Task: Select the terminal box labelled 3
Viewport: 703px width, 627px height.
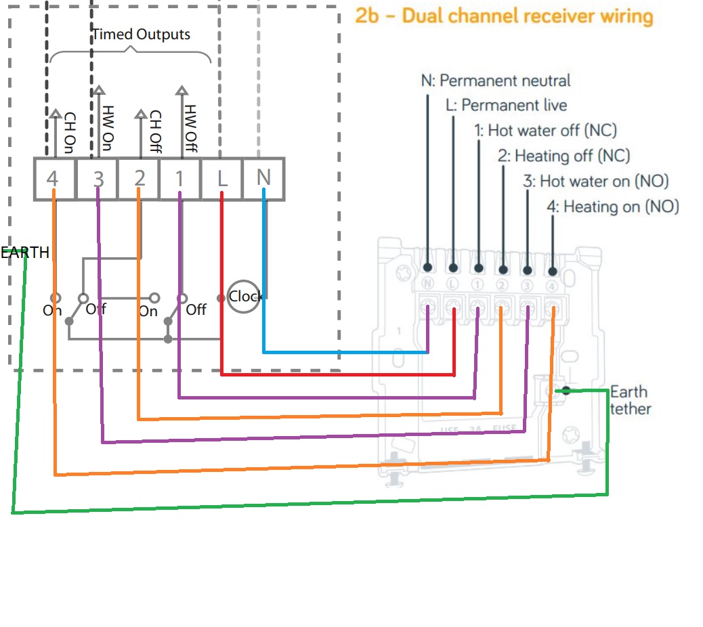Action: click(x=97, y=179)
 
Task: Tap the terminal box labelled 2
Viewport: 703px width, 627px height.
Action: click(x=139, y=179)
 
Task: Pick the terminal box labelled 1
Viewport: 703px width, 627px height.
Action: click(x=180, y=179)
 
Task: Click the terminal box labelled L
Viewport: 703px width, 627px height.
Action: click(x=222, y=179)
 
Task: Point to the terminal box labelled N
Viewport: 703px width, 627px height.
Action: click(x=263, y=179)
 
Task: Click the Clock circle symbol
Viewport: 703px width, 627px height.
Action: click(x=244, y=297)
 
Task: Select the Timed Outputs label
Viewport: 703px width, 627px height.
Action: click(x=141, y=34)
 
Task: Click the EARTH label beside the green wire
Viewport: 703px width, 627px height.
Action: click(x=25, y=253)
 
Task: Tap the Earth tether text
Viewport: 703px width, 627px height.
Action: click(x=631, y=400)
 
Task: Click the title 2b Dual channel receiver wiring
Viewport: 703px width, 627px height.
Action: click(x=505, y=16)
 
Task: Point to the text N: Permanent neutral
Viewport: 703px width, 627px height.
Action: click(x=496, y=81)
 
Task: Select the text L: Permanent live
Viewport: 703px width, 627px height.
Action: click(x=506, y=106)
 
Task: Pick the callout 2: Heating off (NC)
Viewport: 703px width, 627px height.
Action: click(x=563, y=156)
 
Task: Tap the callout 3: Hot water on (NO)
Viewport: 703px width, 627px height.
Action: click(x=595, y=181)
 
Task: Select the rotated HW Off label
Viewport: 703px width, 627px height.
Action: click(x=191, y=129)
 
